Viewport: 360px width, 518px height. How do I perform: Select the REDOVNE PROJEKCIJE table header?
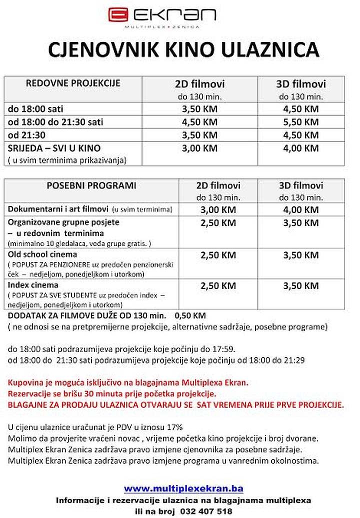pos(73,83)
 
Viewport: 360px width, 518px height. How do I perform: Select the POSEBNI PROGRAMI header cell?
pos(91,185)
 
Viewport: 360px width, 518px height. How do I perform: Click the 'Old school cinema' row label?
pos(42,255)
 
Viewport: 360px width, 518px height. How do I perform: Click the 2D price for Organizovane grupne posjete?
pos(218,222)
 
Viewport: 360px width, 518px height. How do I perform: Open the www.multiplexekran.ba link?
pos(183,488)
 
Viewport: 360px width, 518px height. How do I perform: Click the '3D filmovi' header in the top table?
pos(300,83)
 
